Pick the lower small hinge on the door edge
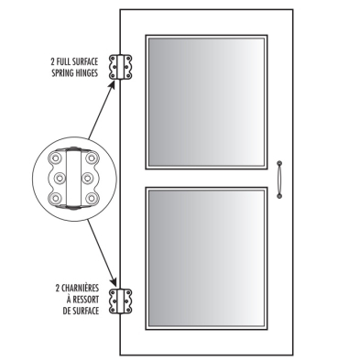click(x=118, y=300)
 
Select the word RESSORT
click(x=88, y=299)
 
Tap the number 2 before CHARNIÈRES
click(x=54, y=289)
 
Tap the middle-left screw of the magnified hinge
click(x=61, y=179)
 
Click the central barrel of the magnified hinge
click(x=73, y=179)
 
